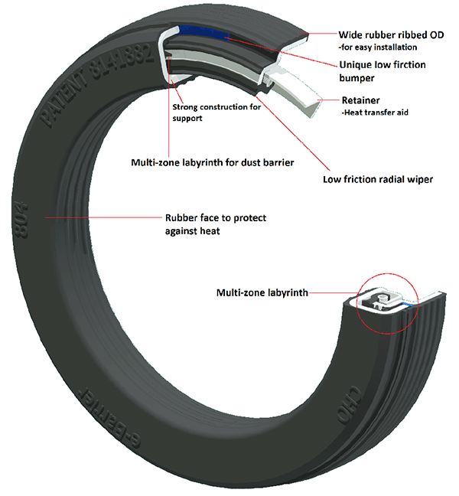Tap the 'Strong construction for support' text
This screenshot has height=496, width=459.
click(x=217, y=113)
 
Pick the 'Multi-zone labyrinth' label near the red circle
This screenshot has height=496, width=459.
click(x=263, y=292)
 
